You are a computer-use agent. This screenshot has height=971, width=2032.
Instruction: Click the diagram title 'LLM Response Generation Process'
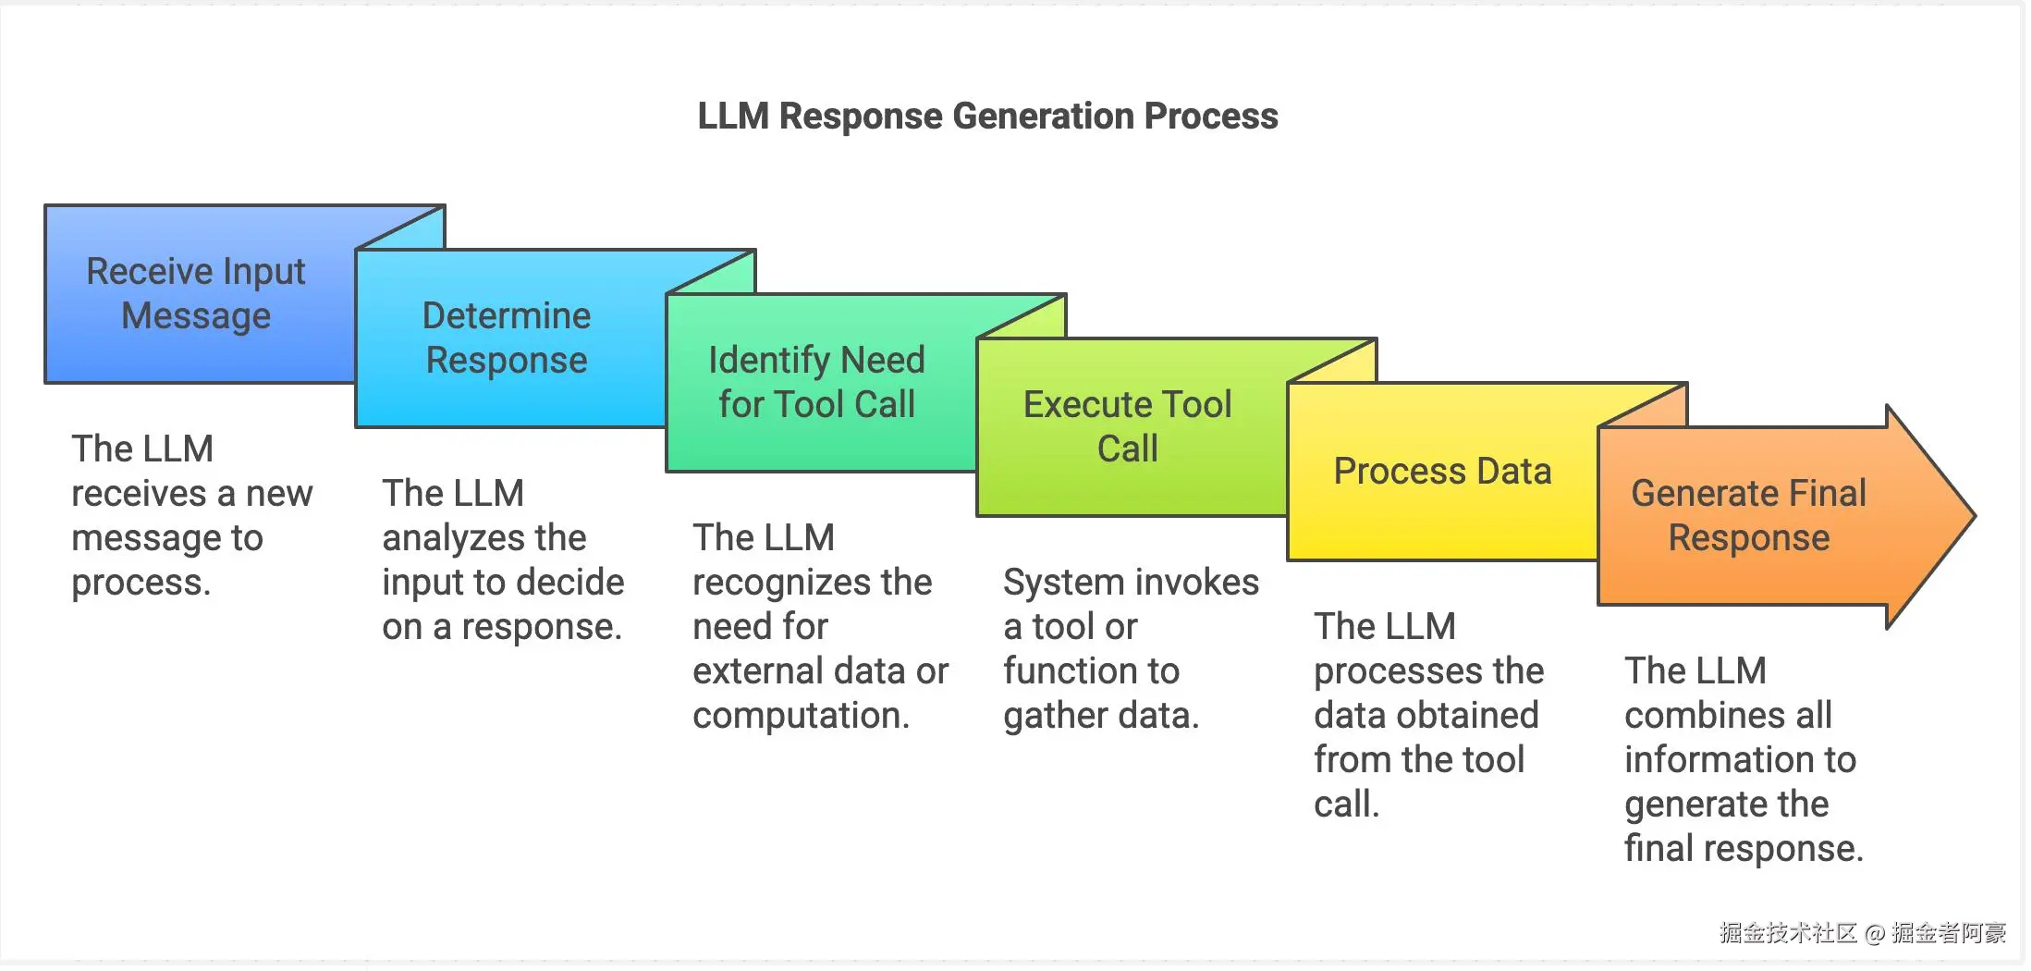click(x=987, y=117)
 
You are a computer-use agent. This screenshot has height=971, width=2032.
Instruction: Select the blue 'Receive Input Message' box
click(x=196, y=294)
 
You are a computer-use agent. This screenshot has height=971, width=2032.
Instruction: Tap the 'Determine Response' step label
click(x=507, y=338)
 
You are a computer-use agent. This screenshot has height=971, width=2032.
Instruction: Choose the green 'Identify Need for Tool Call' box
click(x=817, y=383)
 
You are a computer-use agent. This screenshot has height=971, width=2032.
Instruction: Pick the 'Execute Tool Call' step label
click(x=1128, y=427)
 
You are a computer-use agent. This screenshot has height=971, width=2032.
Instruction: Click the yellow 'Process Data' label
click(x=1442, y=472)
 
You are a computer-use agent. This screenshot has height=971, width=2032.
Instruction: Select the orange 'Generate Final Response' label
click(x=1748, y=516)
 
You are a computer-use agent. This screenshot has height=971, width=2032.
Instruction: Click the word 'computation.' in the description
click(x=801, y=716)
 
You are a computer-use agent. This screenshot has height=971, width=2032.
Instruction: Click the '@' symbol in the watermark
click(x=1875, y=934)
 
